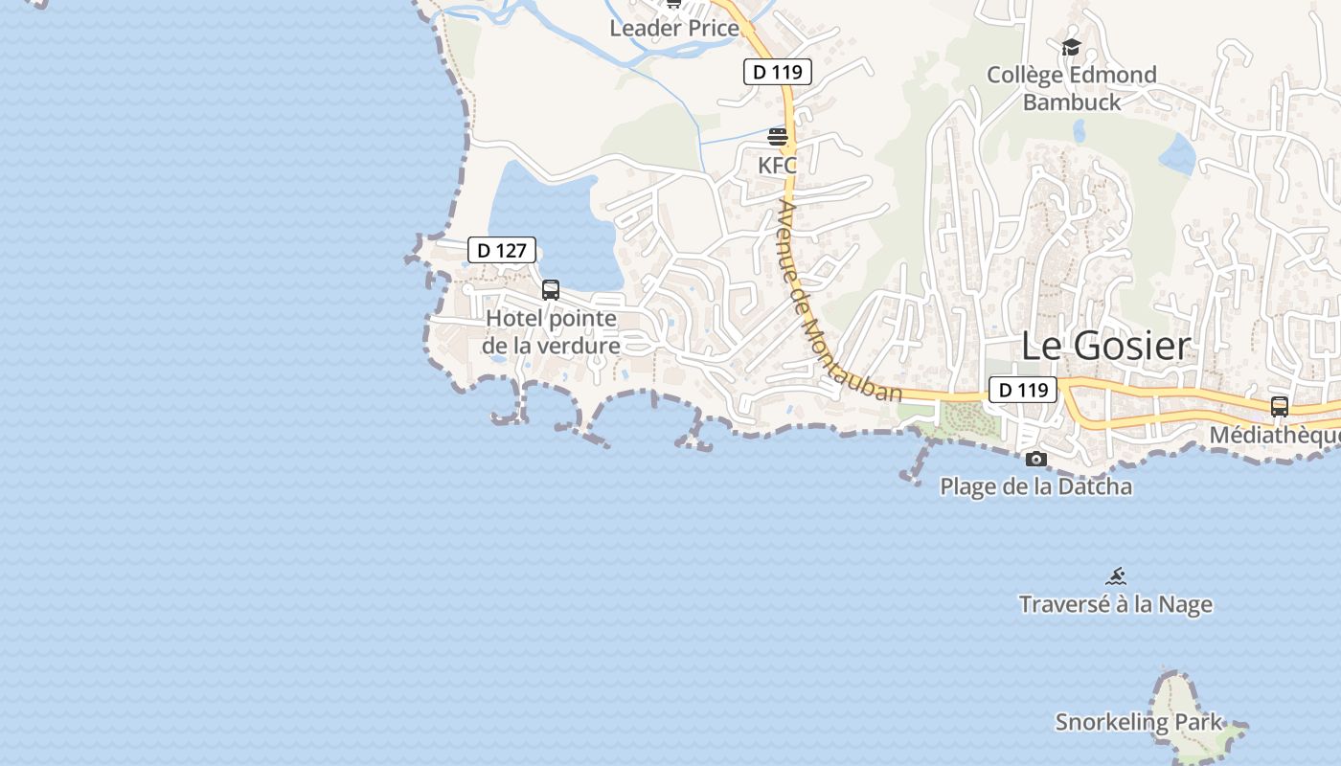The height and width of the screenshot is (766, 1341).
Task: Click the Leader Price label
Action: pos(674,28)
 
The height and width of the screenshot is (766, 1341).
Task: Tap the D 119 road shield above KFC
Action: pos(777,72)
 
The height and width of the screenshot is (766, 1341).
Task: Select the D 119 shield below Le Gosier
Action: pos(1022,390)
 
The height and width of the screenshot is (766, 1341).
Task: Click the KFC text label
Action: pos(777,165)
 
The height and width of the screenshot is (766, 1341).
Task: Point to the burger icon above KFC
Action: pos(777,137)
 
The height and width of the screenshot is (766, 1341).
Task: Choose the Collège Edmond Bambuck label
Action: pos(1071,88)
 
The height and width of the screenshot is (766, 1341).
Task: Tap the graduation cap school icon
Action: pos(1071,46)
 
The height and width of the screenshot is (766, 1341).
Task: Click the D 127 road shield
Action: pos(501,251)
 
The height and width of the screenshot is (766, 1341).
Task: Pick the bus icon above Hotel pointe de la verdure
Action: pos(551,289)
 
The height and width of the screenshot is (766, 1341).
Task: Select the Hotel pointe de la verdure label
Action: pos(551,331)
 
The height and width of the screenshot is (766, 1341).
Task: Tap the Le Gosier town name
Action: pos(1105,346)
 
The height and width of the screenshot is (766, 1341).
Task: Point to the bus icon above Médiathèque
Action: pos(1279,406)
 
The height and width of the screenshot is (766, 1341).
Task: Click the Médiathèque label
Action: pos(1274,436)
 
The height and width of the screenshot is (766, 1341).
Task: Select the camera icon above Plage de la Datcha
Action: pos(1035,460)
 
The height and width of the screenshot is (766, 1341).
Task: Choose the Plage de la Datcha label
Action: pos(1035,486)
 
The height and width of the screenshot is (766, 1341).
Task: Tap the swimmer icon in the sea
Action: pos(1115,576)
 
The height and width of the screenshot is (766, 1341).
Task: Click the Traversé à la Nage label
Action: pos(1115,604)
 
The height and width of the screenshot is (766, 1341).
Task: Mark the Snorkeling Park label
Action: pos(1138,722)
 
